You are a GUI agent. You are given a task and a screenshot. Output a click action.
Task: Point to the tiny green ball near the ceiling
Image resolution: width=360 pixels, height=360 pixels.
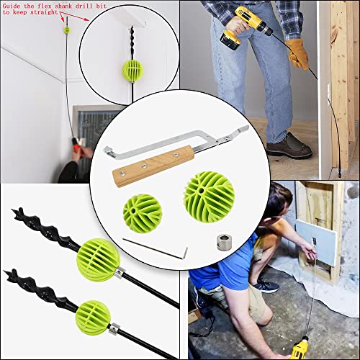(x=67, y=30)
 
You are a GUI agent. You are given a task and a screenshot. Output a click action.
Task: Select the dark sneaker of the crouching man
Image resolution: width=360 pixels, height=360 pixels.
(x=265, y=286)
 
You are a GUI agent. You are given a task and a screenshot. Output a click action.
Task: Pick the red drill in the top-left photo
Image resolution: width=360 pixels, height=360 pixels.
(x=78, y=150)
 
